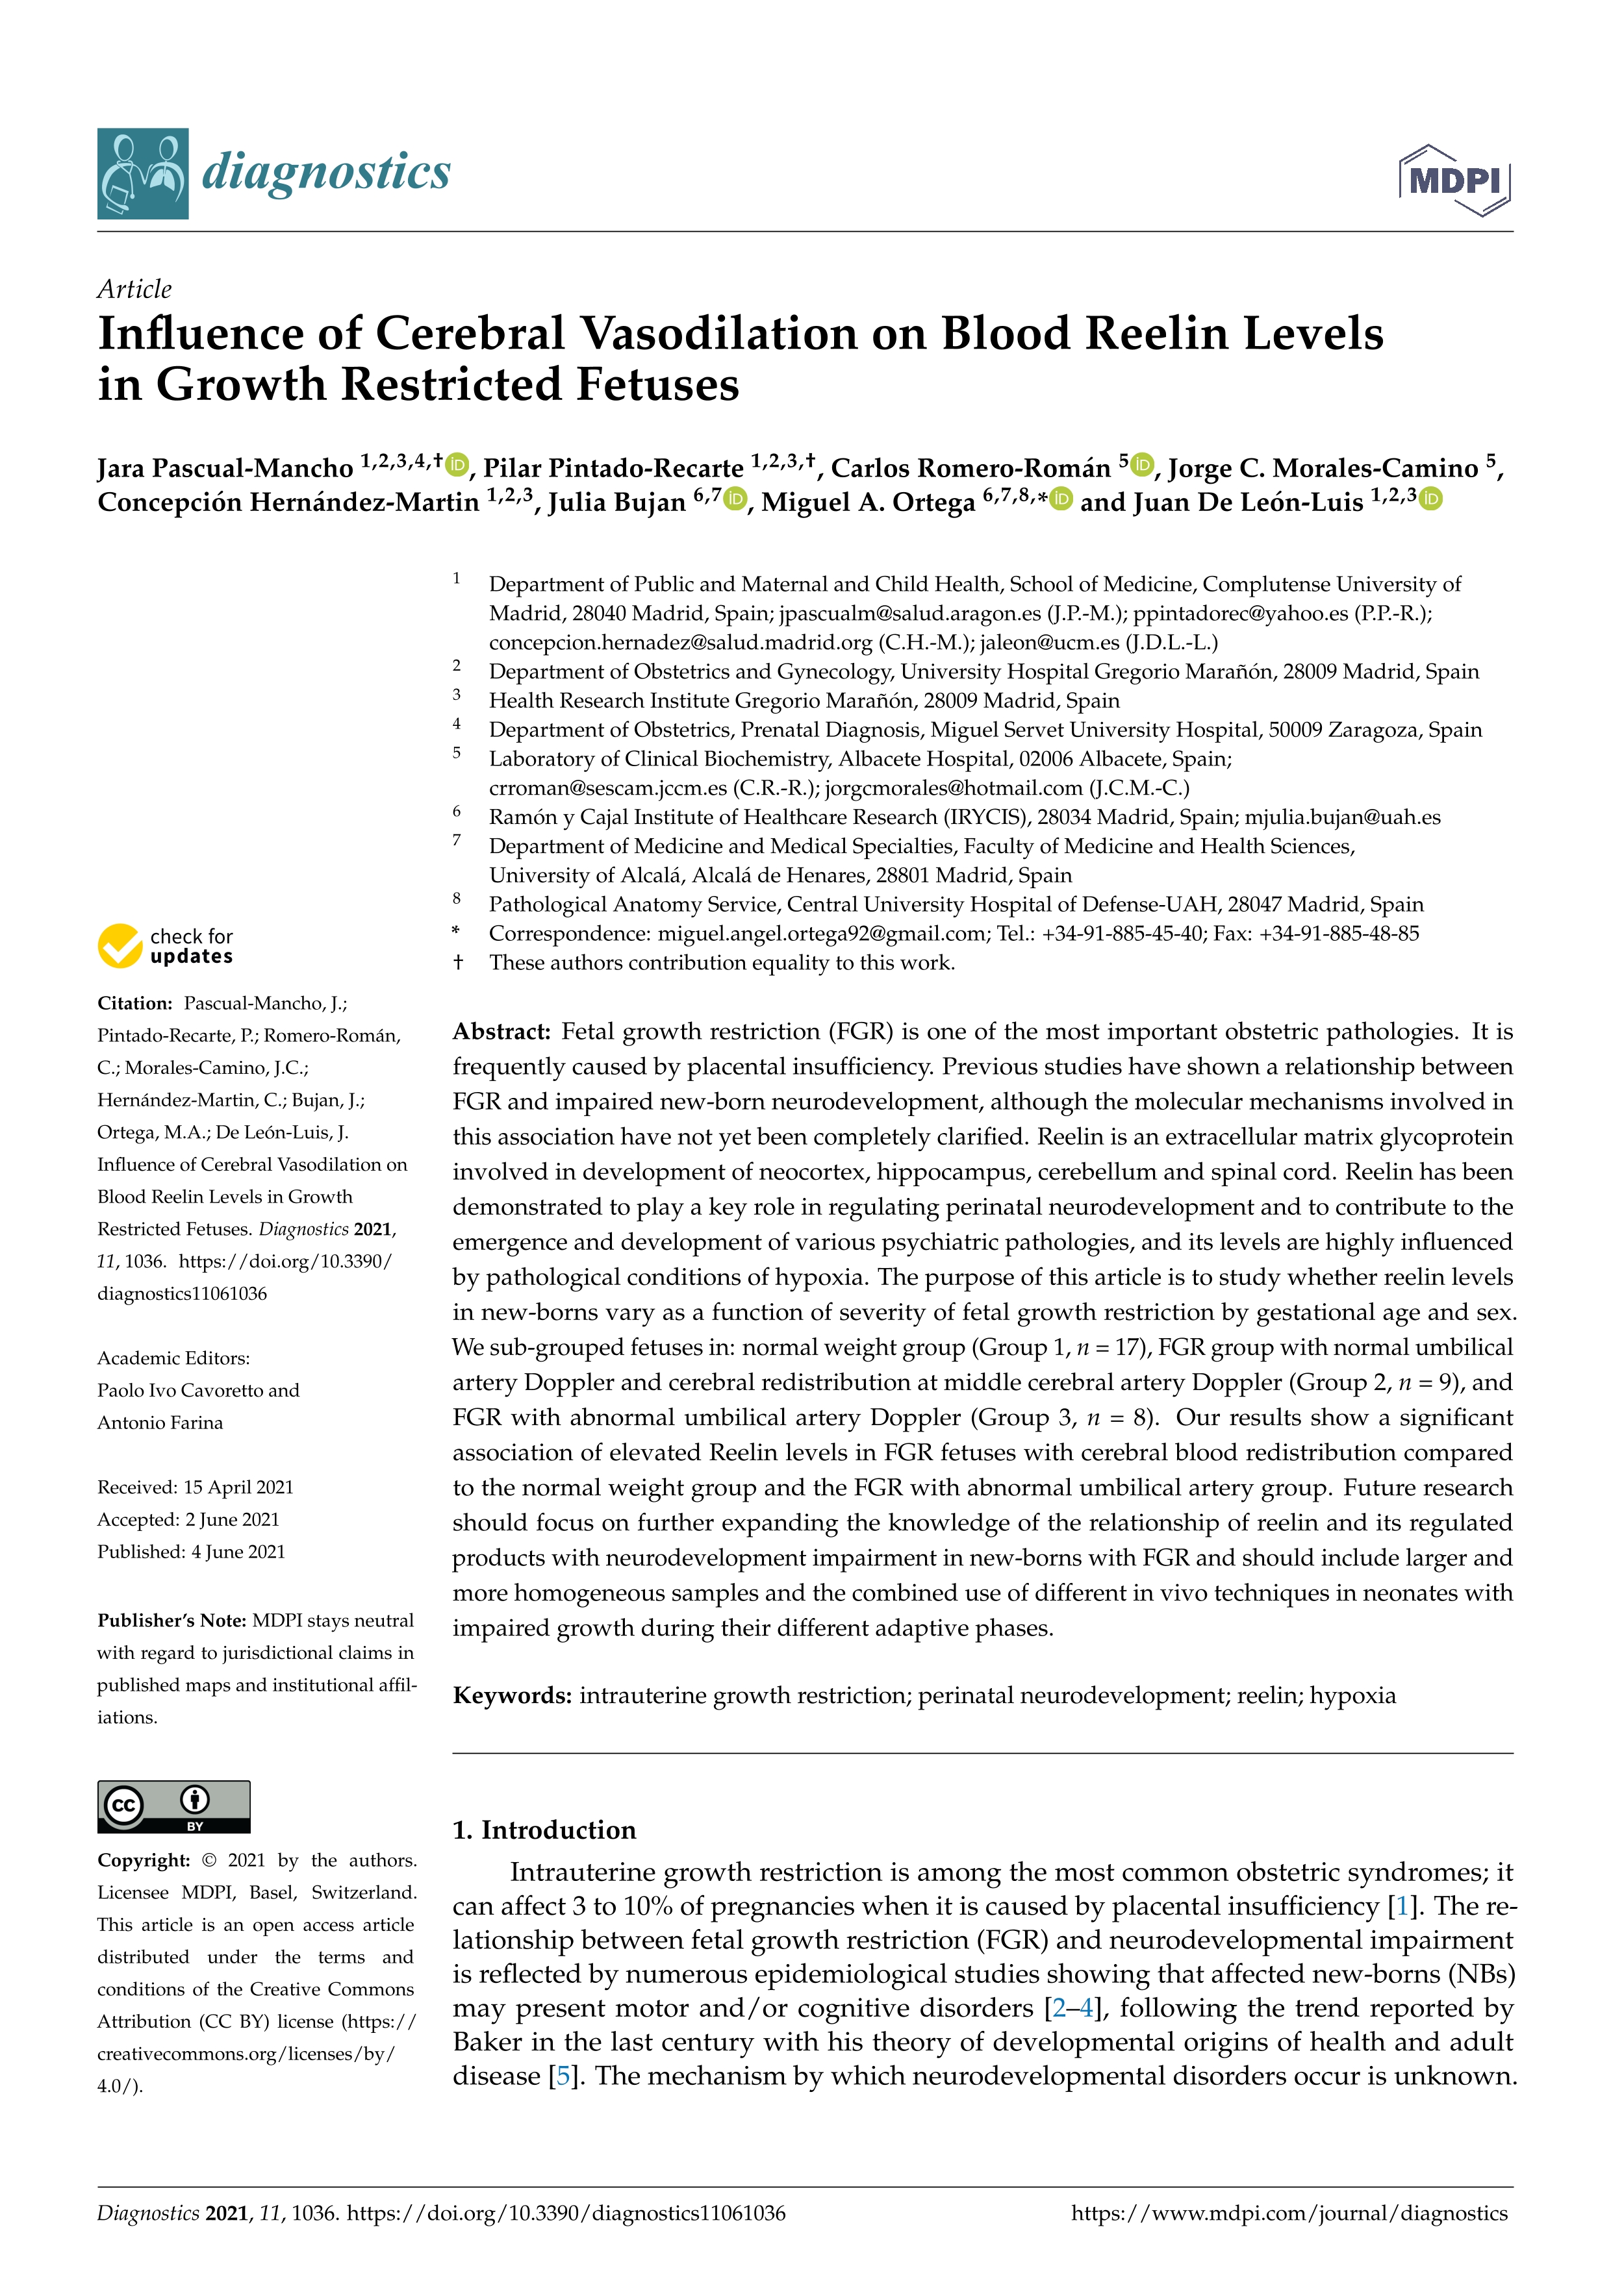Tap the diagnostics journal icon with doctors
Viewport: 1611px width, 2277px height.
point(143,173)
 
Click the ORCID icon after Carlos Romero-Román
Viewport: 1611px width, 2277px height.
point(1143,463)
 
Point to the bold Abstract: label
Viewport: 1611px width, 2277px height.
point(501,1032)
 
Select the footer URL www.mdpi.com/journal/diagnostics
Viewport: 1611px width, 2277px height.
point(1289,2213)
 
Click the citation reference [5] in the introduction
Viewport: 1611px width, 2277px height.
point(563,2076)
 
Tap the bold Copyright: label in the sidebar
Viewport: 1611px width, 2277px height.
point(143,1860)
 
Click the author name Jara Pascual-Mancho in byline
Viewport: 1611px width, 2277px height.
point(225,468)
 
